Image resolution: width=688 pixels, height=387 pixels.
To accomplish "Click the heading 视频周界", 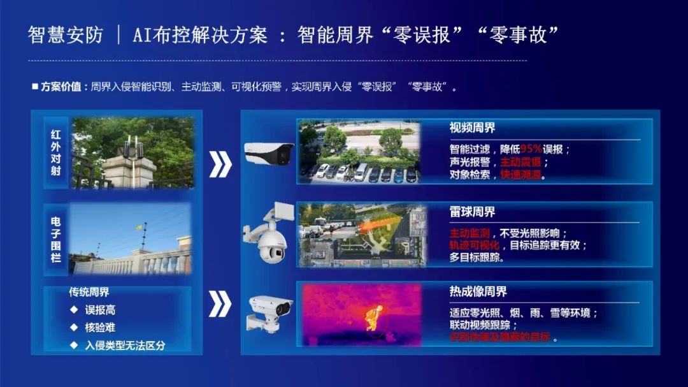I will pos(472,128).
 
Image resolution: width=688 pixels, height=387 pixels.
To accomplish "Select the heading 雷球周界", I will pos(472,212).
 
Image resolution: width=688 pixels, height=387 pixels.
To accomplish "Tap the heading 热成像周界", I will pos(478,292).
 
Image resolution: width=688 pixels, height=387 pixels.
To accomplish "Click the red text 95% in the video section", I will pos(531,149).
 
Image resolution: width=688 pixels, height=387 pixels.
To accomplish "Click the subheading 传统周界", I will pos(89,292).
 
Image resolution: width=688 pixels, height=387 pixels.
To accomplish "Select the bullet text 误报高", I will pos(101,310).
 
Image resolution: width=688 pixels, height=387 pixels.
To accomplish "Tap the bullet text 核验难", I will pos(101,328).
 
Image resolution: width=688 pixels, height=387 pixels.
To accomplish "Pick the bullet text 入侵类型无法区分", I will pos(125,346).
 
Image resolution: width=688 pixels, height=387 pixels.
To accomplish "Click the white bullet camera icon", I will pos(269,153).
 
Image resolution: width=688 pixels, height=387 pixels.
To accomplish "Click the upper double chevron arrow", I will pos(220,164).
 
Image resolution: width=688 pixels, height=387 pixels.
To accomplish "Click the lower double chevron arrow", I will pos(220,304).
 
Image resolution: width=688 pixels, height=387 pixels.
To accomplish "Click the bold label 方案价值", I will pos(61,87).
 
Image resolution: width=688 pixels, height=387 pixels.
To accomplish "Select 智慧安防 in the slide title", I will pos(65,34).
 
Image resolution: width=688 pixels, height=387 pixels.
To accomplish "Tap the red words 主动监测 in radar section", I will pos(469,233).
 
